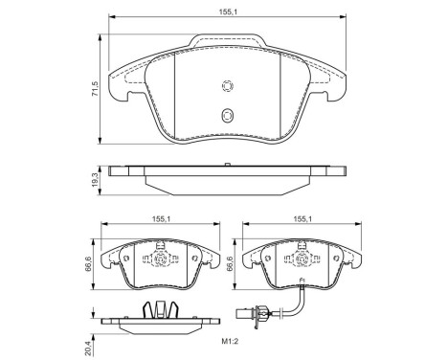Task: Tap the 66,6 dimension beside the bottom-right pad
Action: [x=231, y=261]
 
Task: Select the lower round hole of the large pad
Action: [x=227, y=116]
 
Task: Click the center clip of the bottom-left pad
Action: [x=160, y=259]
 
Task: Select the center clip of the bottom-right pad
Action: [x=300, y=259]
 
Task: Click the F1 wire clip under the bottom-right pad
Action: [x=300, y=281]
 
